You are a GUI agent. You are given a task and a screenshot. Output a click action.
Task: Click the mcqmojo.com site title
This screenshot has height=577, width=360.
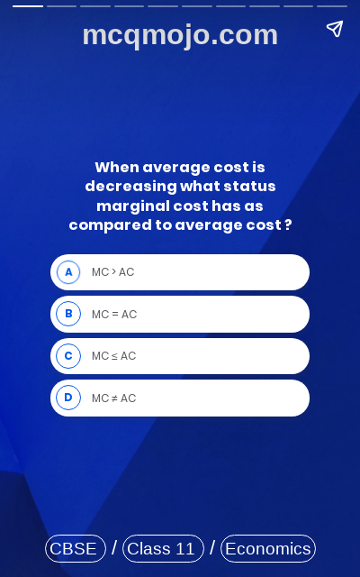tap(180, 35)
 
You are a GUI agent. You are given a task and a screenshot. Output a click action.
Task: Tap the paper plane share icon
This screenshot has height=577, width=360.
tap(335, 29)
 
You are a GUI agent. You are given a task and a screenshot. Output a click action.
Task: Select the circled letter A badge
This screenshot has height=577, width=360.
tap(68, 272)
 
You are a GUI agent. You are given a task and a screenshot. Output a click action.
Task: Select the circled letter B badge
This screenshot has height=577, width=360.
tap(68, 314)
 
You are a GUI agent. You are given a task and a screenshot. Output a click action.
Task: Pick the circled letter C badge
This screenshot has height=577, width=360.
tap(68, 356)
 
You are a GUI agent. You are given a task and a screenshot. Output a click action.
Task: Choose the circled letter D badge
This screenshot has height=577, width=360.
tap(68, 398)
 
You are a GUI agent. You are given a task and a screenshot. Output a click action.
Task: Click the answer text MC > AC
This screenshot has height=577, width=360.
tap(112, 272)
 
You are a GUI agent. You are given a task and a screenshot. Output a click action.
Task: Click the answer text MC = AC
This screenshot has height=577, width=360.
tap(114, 315)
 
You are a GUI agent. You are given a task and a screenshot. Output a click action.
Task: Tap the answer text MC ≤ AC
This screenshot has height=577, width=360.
tap(113, 356)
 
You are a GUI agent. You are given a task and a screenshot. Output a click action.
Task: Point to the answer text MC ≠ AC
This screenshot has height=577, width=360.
tap(113, 398)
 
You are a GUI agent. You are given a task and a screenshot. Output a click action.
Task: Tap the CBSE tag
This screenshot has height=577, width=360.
tap(75, 548)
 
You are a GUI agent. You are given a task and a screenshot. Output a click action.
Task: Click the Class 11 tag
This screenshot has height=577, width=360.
tap(162, 548)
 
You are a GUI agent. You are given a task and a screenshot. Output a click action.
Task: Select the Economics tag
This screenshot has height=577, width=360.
tap(267, 548)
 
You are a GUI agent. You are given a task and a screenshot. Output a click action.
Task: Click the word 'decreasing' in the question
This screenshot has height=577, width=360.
tap(130, 187)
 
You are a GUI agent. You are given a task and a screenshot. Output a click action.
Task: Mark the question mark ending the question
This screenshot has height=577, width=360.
tap(288, 225)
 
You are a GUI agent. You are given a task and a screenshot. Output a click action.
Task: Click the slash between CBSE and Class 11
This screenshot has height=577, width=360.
tap(114, 548)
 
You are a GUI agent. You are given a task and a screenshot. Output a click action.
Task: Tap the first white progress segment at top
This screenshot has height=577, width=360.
tap(28, 5)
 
